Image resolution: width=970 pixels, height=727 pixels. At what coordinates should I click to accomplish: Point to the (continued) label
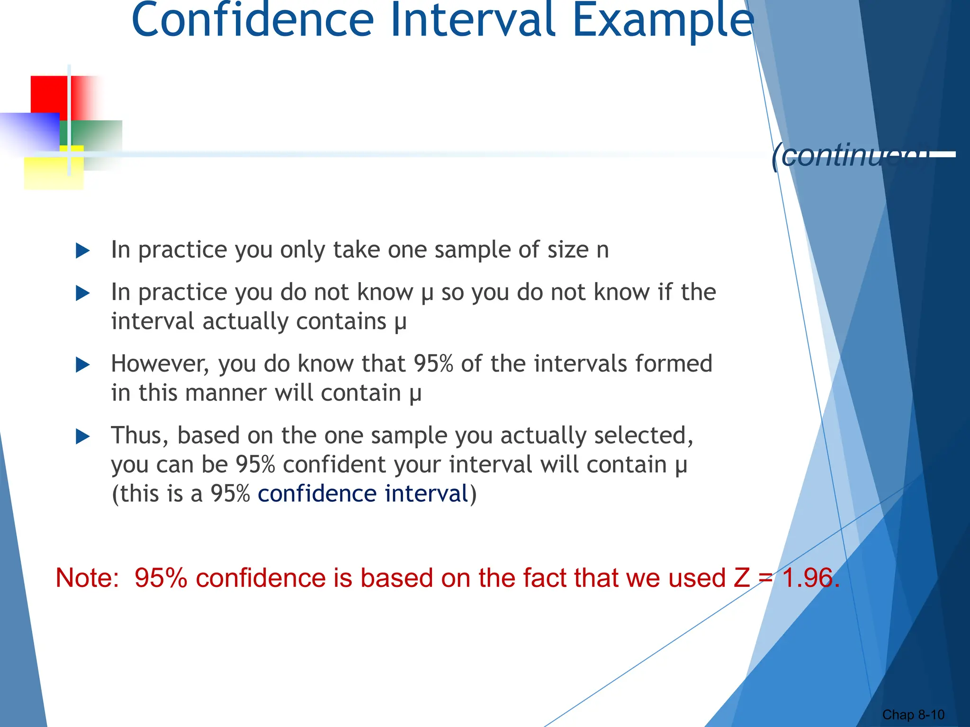(x=848, y=155)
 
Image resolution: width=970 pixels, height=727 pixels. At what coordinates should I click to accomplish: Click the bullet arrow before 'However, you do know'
(x=83, y=365)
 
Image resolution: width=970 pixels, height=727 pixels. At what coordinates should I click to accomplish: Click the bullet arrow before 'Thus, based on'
(x=83, y=436)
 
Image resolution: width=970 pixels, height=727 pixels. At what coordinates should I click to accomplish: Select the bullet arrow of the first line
(x=83, y=251)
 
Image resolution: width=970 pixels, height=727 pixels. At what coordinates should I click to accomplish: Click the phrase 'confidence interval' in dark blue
(x=363, y=494)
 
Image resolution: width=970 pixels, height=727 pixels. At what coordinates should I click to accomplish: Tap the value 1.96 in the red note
(x=810, y=578)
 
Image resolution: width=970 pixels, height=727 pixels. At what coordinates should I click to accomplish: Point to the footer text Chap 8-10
(x=913, y=715)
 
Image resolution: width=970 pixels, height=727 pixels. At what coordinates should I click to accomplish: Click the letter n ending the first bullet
(x=602, y=250)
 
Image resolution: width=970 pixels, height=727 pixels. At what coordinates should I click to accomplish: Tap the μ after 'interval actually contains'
(x=401, y=322)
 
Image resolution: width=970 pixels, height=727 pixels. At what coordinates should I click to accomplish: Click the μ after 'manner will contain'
(x=415, y=394)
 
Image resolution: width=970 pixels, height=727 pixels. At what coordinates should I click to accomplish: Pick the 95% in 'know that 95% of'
(x=433, y=364)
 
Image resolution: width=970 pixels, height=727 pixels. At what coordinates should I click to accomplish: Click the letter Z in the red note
(x=742, y=578)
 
